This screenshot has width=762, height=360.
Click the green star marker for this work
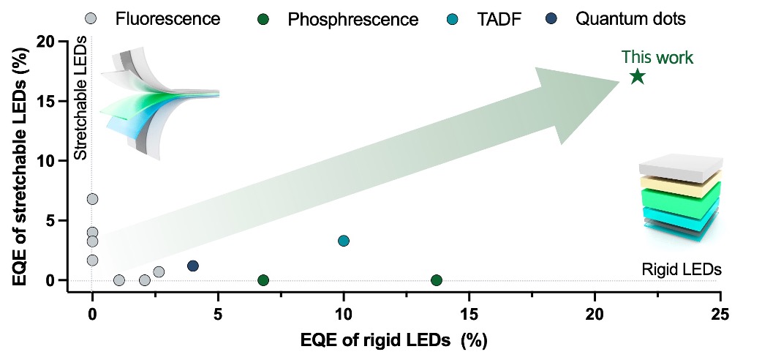[x=637, y=76]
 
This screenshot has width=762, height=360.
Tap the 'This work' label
[x=657, y=57]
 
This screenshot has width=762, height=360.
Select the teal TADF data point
[x=344, y=241]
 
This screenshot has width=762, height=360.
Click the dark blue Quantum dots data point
[x=193, y=266]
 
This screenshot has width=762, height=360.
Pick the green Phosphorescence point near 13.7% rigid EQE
[x=437, y=280]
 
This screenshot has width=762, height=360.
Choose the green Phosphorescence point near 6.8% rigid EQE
[x=263, y=280]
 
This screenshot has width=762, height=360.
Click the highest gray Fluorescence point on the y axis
[x=92, y=199]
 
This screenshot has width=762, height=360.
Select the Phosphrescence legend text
[x=354, y=19]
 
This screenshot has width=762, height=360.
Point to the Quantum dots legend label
[x=630, y=19]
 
